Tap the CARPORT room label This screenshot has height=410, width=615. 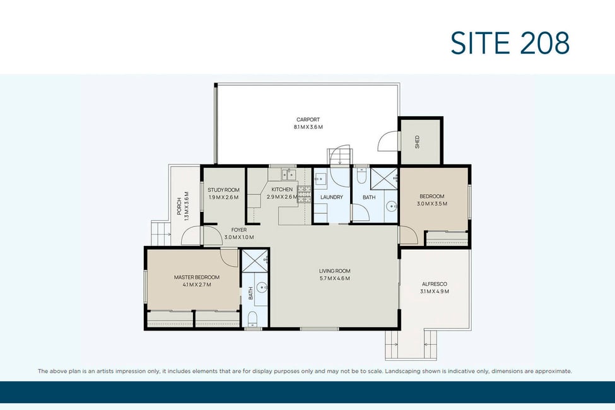(x=308, y=120)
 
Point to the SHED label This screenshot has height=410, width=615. (x=418, y=142)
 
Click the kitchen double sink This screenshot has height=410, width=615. (x=288, y=175)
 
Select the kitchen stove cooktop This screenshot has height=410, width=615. (x=305, y=194)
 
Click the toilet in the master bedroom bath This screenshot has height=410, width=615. (x=252, y=318)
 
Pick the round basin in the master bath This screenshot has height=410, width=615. (x=261, y=288)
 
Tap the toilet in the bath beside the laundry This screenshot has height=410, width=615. (x=361, y=175)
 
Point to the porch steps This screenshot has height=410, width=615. (x=160, y=234)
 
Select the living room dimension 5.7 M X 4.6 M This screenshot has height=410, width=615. (x=334, y=279)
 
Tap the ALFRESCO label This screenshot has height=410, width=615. (x=434, y=284)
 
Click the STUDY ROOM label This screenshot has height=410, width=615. (x=223, y=190)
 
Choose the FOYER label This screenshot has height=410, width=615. (x=239, y=230)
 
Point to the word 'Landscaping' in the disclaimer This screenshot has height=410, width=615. (x=402, y=371)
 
